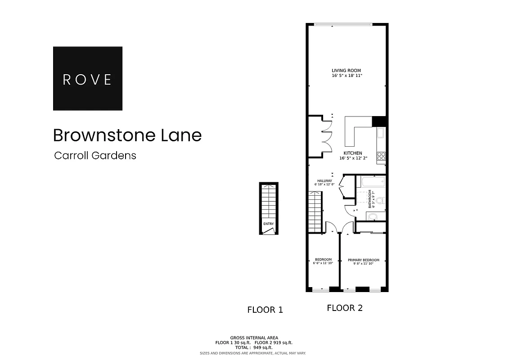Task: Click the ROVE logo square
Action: [x=87, y=78]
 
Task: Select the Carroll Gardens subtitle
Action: [x=95, y=156]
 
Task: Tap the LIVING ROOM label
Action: [x=346, y=71]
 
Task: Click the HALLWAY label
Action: [x=324, y=181]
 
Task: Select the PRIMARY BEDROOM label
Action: [x=363, y=260]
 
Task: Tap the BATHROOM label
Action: [x=370, y=198]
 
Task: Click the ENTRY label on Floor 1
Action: [x=268, y=224]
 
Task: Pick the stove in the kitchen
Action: [x=381, y=156]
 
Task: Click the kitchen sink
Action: [x=381, y=133]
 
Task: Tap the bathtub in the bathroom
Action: [x=371, y=182]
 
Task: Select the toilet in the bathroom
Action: [x=380, y=201]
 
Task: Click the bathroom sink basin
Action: [x=373, y=217]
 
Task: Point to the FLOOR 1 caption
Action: [x=265, y=310]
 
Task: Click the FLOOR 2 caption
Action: [x=344, y=308]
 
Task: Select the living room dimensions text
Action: [x=346, y=76]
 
